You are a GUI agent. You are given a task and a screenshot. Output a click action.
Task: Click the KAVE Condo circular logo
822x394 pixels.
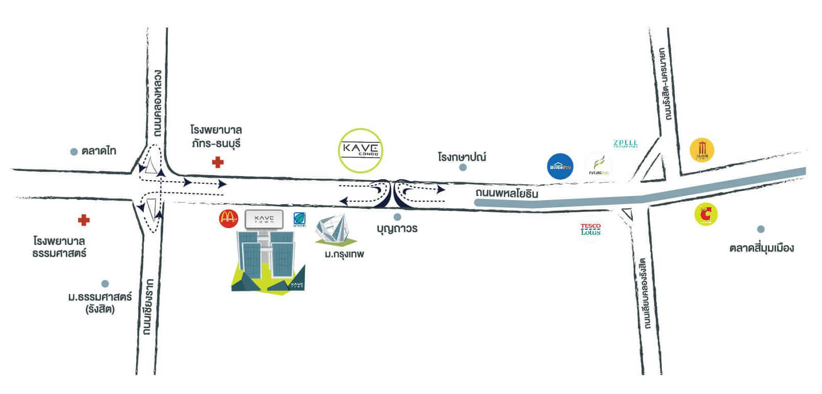(361, 150)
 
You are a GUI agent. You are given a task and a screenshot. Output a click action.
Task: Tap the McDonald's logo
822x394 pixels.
(228, 219)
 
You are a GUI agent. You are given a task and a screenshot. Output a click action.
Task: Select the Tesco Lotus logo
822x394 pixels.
(590, 229)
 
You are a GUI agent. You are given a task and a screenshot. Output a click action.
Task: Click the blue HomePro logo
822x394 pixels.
(560, 166)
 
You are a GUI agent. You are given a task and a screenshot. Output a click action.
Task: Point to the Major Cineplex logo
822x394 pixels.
(702, 151)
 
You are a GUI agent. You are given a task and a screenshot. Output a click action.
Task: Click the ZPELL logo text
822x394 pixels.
(626, 143)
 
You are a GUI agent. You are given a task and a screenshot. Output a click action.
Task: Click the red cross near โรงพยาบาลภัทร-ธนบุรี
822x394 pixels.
(218, 163)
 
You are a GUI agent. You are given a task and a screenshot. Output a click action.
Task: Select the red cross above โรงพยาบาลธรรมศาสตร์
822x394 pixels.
(84, 220)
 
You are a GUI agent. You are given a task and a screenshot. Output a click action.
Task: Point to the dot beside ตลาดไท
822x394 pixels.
(74, 151)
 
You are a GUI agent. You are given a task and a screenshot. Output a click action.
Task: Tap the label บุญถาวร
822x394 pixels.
(397, 229)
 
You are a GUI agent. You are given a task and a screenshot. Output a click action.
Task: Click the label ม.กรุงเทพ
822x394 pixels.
(344, 254)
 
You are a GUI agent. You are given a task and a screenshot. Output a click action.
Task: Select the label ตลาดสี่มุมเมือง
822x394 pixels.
(761, 249)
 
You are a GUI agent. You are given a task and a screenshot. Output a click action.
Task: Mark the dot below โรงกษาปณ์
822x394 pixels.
(463, 167)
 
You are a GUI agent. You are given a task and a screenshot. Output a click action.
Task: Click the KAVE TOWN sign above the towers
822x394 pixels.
(264, 219)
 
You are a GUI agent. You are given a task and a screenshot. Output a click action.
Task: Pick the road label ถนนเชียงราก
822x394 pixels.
(149, 306)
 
